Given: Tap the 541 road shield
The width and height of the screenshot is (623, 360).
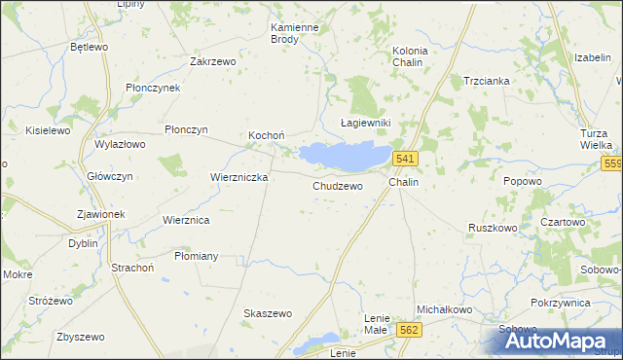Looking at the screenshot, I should click(406, 159).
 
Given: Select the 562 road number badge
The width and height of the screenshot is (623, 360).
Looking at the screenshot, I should click(409, 331).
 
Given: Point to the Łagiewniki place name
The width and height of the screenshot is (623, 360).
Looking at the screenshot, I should click(364, 123).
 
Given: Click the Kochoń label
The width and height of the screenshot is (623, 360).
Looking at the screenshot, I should click(266, 134).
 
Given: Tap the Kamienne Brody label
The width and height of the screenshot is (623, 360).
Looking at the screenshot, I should click(295, 34).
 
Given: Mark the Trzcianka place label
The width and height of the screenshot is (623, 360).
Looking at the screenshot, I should click(487, 81).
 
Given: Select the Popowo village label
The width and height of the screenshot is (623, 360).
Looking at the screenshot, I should click(523, 181).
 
